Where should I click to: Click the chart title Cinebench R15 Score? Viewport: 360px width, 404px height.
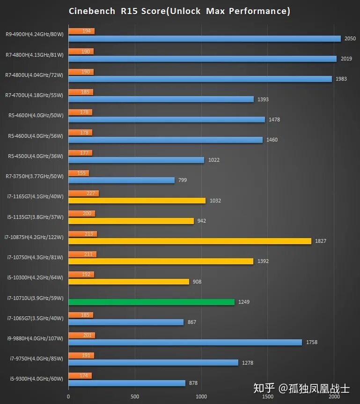coord(179,11)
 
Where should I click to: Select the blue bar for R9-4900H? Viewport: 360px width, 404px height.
coord(205,38)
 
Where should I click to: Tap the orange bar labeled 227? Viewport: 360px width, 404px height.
coord(83,193)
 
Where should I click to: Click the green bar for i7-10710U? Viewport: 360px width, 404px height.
coord(151,302)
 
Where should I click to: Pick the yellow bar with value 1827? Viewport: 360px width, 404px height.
coord(190,241)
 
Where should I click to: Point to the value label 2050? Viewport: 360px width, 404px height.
coord(350,38)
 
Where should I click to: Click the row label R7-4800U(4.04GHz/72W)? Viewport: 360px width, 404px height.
coord(34,75)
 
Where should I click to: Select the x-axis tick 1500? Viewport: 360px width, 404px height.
coord(267,397)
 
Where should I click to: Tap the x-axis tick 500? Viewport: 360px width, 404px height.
coord(135,397)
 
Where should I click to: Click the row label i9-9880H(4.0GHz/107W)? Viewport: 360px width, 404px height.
coord(34,338)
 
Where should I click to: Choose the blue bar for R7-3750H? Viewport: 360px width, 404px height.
coord(121,180)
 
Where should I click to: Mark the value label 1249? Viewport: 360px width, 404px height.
coord(244,302)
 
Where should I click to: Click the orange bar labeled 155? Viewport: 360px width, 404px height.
coord(79,173)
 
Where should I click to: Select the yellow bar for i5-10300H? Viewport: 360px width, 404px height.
coord(129,282)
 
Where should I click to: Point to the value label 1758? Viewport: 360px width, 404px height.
coord(311,342)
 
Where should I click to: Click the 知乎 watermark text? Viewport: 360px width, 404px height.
coord(264,388)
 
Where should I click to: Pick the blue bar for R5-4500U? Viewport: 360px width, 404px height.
coord(136,160)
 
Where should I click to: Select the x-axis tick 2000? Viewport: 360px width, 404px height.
coord(334,397)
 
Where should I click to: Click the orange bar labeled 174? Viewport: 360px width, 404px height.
coord(80,375)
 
